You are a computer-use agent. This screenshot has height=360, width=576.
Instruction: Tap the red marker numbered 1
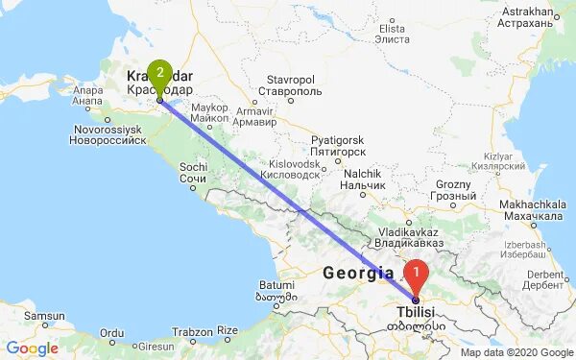tap(416, 276)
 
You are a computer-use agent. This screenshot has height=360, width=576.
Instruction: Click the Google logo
tap(32, 348)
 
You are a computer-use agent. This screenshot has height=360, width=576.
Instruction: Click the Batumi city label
tap(276, 285)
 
